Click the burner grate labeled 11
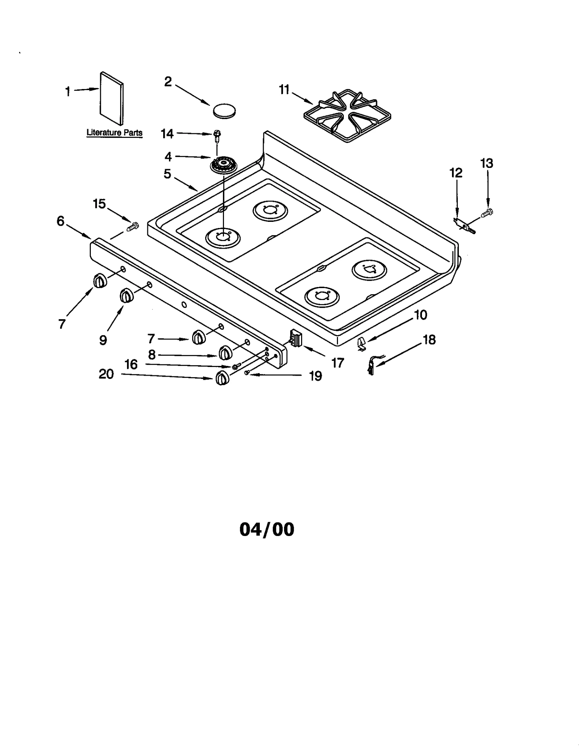pyautogui.click(x=347, y=115)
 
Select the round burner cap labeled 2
pyautogui.click(x=224, y=110)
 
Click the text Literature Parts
pyautogui.click(x=114, y=132)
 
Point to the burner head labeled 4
pyautogui.click(x=223, y=165)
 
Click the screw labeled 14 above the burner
pyautogui.click(x=217, y=135)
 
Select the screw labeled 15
pyautogui.click(x=133, y=227)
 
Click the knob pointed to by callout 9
pyautogui.click(x=126, y=296)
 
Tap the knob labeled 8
pyautogui.click(x=225, y=352)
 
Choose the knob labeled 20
pyautogui.click(x=222, y=378)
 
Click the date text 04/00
pyautogui.click(x=267, y=530)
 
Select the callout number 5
pyautogui.click(x=167, y=174)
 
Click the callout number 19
pyautogui.click(x=315, y=376)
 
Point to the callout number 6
pyautogui.click(x=60, y=221)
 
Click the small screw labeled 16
pyautogui.click(x=237, y=366)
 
